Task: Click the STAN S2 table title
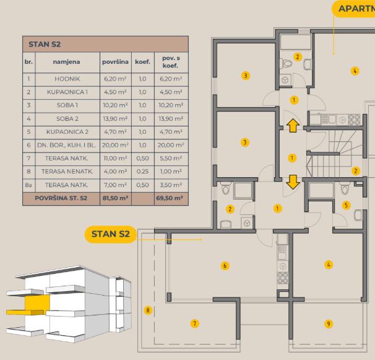(x=45, y=45)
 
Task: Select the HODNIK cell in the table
(x=67, y=79)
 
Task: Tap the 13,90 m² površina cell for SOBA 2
(x=115, y=118)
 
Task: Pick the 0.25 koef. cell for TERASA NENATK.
(x=142, y=172)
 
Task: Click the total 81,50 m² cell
(x=115, y=198)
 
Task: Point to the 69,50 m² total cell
(x=170, y=198)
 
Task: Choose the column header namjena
(x=66, y=62)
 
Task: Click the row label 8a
(x=28, y=185)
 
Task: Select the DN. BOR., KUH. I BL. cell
(x=66, y=145)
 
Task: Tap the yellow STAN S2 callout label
(x=111, y=234)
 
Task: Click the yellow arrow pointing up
(x=293, y=126)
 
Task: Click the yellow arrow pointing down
(x=293, y=182)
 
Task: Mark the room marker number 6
(x=225, y=266)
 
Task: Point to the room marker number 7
(x=195, y=323)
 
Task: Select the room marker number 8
(x=148, y=310)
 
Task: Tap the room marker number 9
(x=329, y=324)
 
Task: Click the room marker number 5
(x=346, y=205)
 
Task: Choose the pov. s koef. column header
(x=171, y=62)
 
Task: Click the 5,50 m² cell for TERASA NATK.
(x=171, y=159)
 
